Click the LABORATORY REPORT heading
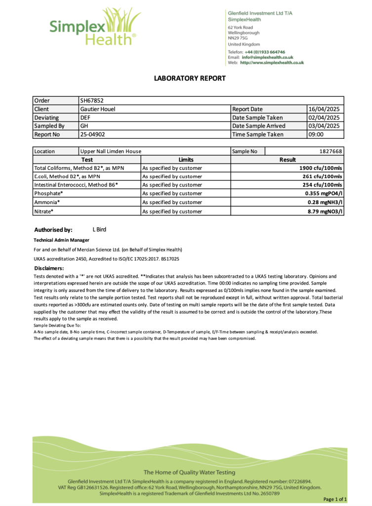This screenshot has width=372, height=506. tap(190, 78)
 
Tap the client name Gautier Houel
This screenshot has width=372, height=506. tap(97, 109)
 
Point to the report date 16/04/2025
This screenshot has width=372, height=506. tap(324, 109)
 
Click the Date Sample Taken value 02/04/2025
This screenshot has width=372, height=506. tap(324, 118)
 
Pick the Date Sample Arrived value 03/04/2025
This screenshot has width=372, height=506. tap(324, 126)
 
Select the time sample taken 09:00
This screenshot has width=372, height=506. tap(316, 134)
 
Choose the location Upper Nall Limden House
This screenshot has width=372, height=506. tap(111, 151)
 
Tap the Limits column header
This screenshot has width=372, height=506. tap(186, 160)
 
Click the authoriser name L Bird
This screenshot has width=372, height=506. tap(99, 229)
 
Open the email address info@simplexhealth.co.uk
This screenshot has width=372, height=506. tap(267, 57)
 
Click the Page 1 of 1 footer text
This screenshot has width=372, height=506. tap(338, 499)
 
